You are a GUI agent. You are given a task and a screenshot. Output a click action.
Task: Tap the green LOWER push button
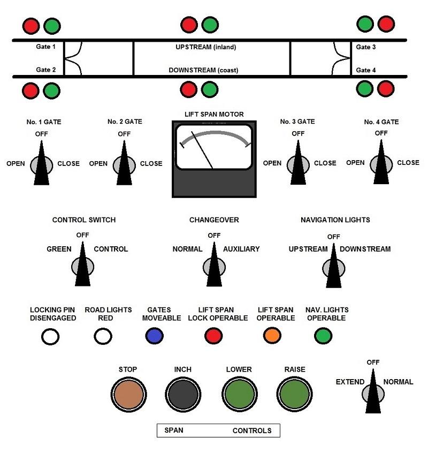tap(239, 395)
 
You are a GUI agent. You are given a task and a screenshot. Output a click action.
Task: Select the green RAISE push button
tap(295, 395)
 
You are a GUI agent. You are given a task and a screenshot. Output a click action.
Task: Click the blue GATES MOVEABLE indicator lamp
tap(155, 336)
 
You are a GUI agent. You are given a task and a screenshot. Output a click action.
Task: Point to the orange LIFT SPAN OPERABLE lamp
tap(272, 336)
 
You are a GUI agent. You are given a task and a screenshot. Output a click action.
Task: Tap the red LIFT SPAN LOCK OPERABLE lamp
tap(213, 336)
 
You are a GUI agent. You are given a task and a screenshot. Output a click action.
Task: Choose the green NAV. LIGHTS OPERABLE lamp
tap(322, 336)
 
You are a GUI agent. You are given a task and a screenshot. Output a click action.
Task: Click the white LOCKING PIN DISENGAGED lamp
tap(51, 336)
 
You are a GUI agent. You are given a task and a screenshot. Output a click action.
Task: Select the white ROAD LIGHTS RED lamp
tap(103, 336)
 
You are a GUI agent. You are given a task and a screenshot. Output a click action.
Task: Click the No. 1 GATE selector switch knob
tap(41, 164)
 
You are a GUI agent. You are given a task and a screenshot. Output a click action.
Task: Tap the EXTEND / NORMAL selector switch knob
tap(373, 394)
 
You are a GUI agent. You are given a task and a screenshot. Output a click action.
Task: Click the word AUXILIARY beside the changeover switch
tap(241, 249)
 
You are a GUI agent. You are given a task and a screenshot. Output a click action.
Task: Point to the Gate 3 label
tap(366, 47)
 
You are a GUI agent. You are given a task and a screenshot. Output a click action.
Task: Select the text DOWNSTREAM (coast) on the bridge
tap(203, 70)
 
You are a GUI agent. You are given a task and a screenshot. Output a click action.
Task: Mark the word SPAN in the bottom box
tap(174, 430)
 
